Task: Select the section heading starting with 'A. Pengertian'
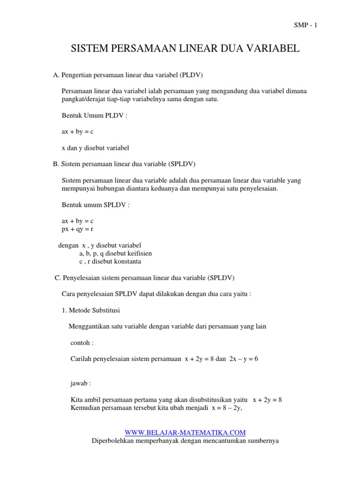tap(128, 75)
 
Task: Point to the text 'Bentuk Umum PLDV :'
tap(94, 115)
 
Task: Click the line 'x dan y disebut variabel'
tap(95, 148)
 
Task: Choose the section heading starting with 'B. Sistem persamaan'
tap(124, 164)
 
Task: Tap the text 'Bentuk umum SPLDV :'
tap(96, 205)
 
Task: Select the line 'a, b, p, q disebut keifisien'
tap(115, 254)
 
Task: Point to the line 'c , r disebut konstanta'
tap(110, 262)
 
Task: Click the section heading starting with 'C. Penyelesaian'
tap(144, 278)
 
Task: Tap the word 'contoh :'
tap(82, 343)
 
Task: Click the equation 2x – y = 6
tap(243, 359)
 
